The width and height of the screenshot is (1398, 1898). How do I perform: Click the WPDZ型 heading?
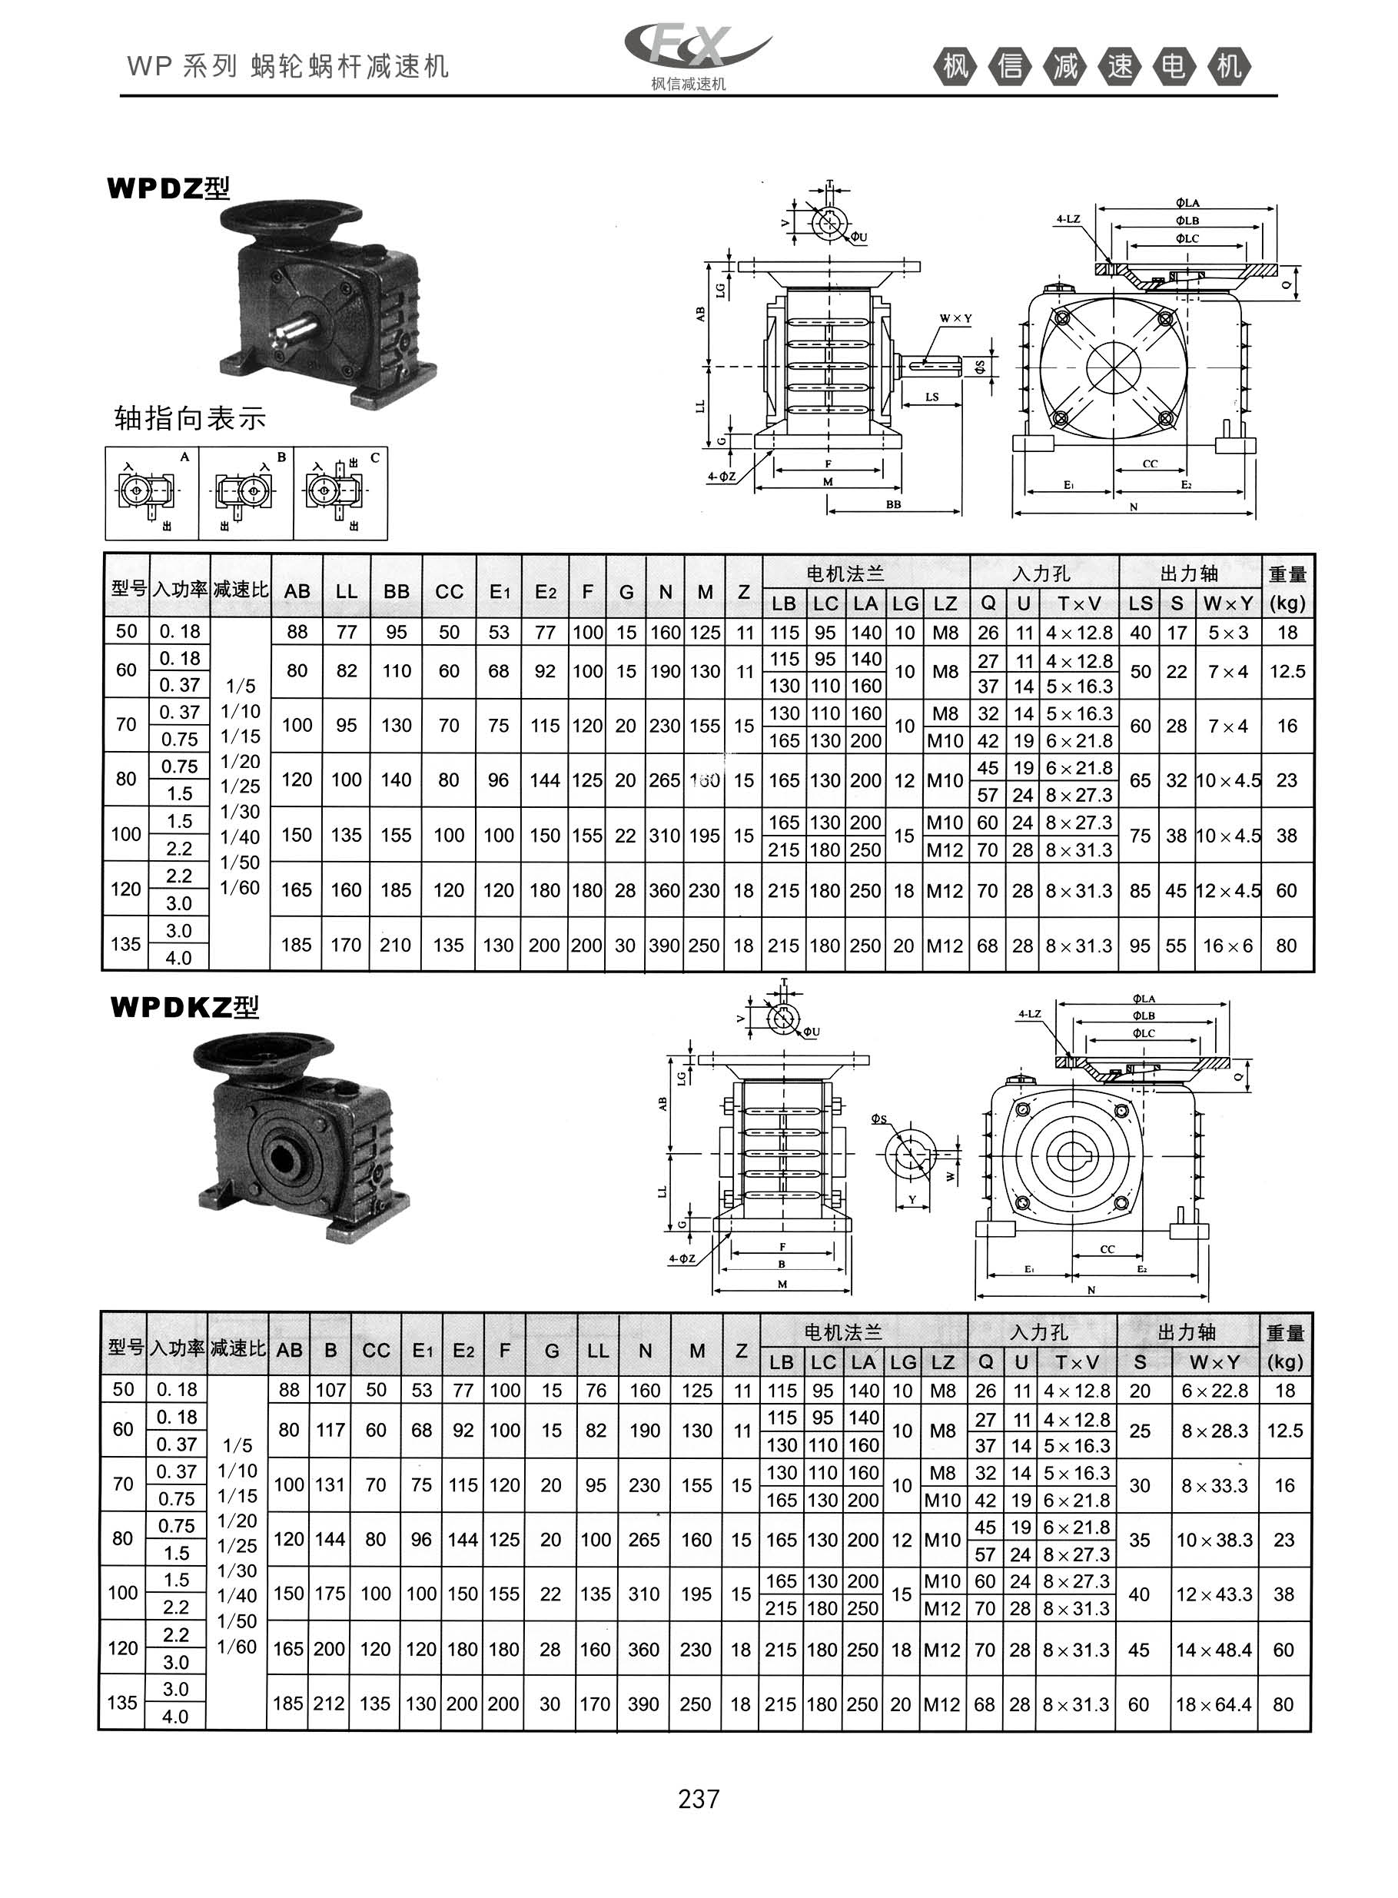[x=168, y=188]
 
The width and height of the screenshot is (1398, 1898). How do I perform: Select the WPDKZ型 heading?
[x=184, y=1007]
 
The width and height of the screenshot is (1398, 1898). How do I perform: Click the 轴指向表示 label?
[x=191, y=418]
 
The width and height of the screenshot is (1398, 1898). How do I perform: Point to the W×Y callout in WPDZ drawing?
[x=955, y=319]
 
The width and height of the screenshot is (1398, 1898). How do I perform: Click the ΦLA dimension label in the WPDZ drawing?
[x=1187, y=203]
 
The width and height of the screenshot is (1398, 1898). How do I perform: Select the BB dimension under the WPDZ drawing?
[x=893, y=504]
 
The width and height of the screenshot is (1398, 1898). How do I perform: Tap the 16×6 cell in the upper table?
[x=1228, y=946]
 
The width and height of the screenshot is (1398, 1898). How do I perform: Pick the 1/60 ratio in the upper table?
[x=241, y=888]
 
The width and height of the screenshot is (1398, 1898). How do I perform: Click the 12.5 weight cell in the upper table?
[x=1287, y=672]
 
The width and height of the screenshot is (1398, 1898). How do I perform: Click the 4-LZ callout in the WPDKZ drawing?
[x=1029, y=1014]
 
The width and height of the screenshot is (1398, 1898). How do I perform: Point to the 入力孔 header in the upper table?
[x=1041, y=573]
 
